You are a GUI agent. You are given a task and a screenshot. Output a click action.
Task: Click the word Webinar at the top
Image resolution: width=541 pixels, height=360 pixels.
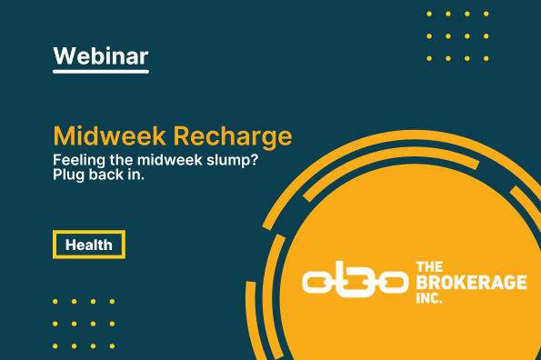(x=100, y=55)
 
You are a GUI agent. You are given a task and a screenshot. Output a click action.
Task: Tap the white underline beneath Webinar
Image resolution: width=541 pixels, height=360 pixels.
(x=100, y=72)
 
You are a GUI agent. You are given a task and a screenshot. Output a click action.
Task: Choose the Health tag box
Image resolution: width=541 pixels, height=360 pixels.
(x=88, y=245)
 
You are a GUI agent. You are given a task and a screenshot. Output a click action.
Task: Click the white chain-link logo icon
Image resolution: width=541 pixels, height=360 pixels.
(x=353, y=282)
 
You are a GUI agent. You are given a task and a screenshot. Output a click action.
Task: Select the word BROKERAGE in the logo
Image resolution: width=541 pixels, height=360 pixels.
(x=469, y=283)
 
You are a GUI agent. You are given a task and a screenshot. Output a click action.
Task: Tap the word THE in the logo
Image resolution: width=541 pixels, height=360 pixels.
(x=427, y=267)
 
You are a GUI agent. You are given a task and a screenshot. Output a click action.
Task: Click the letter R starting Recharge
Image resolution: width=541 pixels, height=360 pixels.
(x=183, y=137)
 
